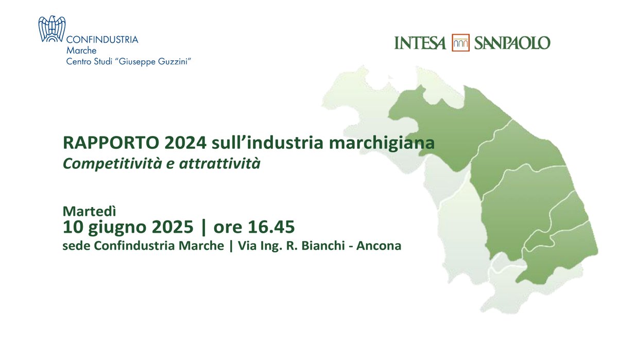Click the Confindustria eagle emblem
(x=53, y=29)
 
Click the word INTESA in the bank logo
(x=420, y=43)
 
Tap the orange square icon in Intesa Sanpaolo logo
(x=461, y=43)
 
